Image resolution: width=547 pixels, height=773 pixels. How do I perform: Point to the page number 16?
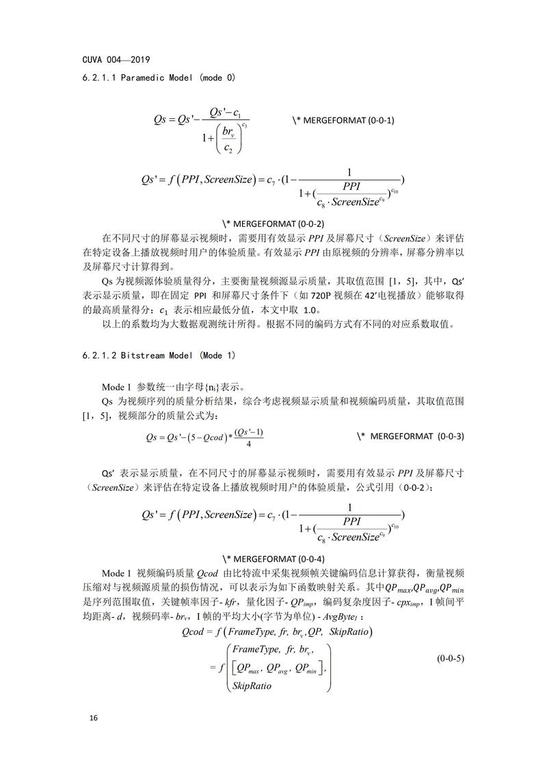coord(94,718)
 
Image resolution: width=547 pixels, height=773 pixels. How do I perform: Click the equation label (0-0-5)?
coord(451,659)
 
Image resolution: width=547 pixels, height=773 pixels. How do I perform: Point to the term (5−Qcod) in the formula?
coord(204,436)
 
